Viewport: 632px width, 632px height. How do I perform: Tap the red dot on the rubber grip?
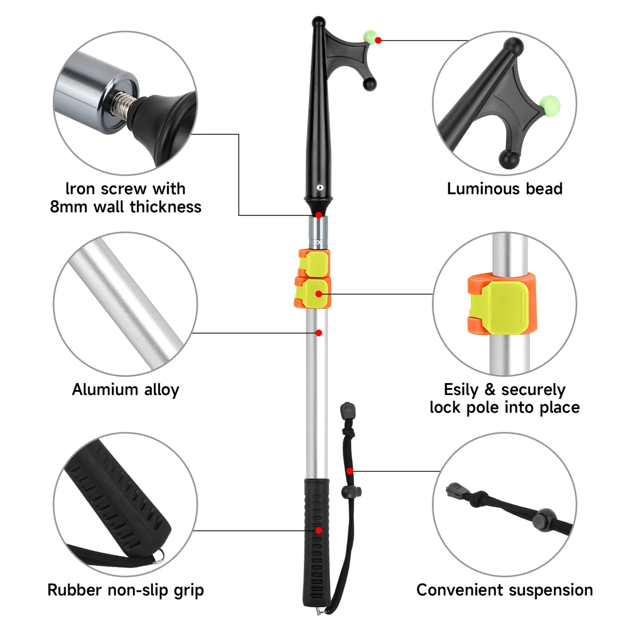tap(319, 530)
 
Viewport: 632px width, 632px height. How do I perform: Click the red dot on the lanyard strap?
tap(350, 471)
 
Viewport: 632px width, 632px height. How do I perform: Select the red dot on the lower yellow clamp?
tap(319, 294)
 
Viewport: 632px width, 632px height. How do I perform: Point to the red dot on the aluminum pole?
tap(319, 333)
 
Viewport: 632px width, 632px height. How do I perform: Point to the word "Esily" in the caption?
tap(461, 390)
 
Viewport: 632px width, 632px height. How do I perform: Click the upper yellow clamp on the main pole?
tap(314, 263)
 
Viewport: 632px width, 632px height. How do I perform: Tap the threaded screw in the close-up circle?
tap(124, 105)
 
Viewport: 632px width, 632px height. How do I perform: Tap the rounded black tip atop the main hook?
tap(318, 21)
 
